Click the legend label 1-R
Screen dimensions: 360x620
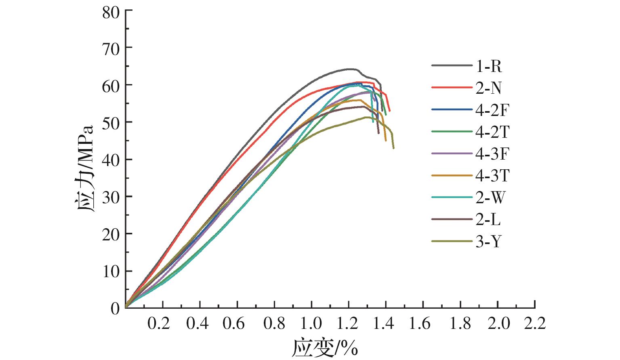[x=489, y=66]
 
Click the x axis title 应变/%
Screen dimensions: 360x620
[x=325, y=347]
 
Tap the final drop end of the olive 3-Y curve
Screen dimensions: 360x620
[x=393, y=148]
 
